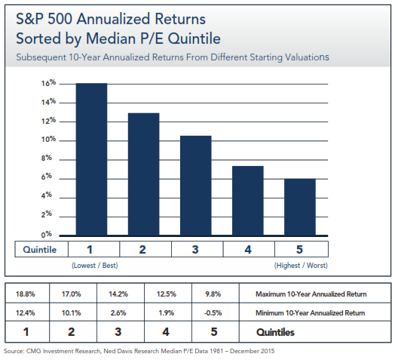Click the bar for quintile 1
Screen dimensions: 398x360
[x=91, y=159]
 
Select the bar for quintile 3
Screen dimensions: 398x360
[x=196, y=186]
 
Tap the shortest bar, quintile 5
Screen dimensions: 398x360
[x=300, y=208]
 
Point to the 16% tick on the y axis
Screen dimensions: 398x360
[x=48, y=83]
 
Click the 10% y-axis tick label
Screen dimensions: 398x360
[x=48, y=139]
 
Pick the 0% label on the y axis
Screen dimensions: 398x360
[x=47, y=234]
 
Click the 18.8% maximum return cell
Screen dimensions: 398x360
[x=26, y=294]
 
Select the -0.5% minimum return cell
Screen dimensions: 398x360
[x=213, y=312]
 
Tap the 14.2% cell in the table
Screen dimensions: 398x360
[x=118, y=294]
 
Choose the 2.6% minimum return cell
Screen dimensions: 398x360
[x=118, y=312]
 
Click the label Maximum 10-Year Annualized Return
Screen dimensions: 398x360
[x=311, y=294]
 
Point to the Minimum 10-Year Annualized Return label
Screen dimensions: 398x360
[x=310, y=312]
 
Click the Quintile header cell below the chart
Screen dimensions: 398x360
[x=40, y=250]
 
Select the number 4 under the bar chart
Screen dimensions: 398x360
[x=248, y=250]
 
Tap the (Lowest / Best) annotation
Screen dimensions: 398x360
[x=95, y=266]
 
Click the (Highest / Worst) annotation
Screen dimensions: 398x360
[x=301, y=266]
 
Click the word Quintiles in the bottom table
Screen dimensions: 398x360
[x=275, y=332]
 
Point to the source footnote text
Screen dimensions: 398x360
[x=139, y=351]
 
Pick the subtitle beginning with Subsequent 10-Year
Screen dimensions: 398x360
[x=173, y=57]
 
